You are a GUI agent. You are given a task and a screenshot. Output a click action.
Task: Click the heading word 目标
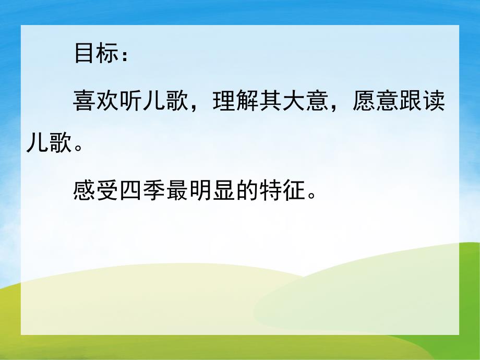pos(98,54)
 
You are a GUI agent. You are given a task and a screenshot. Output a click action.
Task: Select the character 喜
pos(85,101)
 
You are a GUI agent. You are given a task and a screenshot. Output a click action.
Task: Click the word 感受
pos(98,193)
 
